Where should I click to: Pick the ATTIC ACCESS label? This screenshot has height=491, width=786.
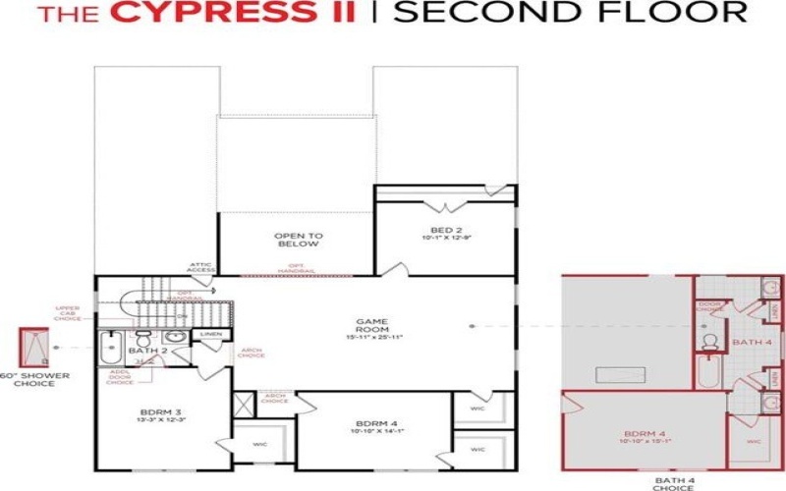[x=201, y=266]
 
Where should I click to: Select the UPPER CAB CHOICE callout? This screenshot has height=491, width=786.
[x=68, y=313]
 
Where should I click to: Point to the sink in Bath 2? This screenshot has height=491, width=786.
[x=175, y=336]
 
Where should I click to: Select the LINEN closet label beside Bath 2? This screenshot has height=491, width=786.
[x=210, y=336]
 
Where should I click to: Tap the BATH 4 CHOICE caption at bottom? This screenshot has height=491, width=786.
[x=673, y=482]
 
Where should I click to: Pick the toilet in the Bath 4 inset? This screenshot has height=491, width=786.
[x=709, y=341]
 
